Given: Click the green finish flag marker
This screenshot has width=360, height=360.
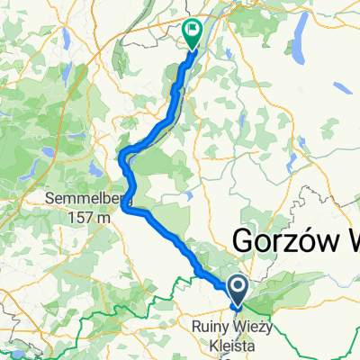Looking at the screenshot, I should pyautogui.click(x=193, y=33).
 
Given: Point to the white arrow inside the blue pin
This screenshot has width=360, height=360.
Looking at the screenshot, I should pyautogui.click(x=238, y=287).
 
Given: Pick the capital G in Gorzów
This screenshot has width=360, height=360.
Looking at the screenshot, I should pyautogui.click(x=243, y=240).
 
